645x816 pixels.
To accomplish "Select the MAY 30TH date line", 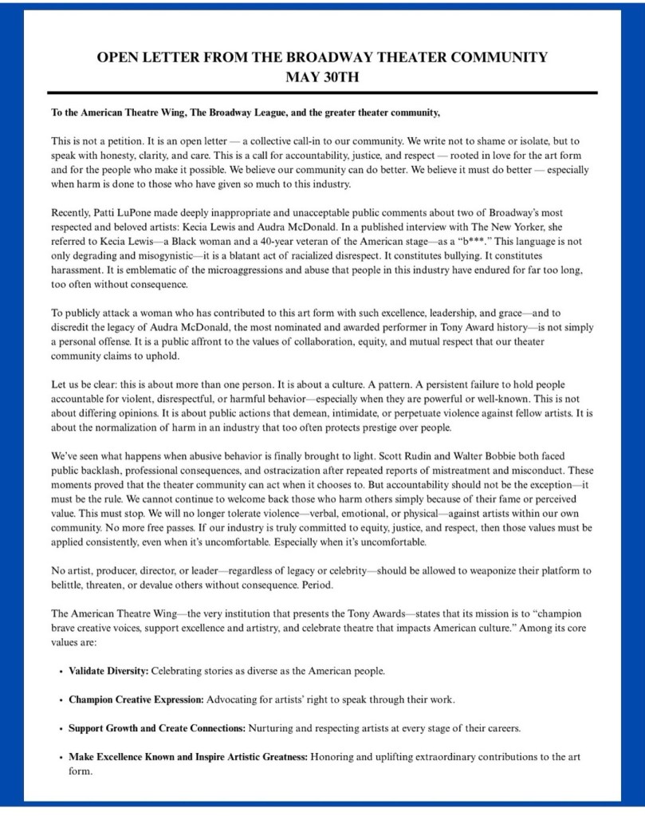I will click(322, 77).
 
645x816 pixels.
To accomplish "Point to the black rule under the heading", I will click(322, 93).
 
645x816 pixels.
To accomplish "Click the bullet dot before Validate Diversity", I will click(61, 672).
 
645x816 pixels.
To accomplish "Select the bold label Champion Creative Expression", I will click(136, 700).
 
